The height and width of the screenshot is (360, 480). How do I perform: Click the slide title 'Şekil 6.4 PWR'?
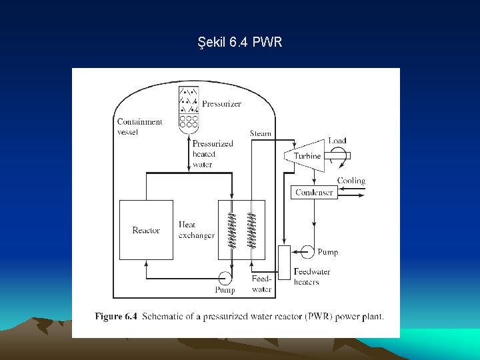[240, 42]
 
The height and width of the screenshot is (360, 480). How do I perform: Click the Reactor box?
[146, 230]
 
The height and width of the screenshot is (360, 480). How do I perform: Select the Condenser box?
[314, 192]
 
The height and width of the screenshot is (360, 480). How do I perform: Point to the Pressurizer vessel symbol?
[189, 107]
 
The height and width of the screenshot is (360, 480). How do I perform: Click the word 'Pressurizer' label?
[221, 104]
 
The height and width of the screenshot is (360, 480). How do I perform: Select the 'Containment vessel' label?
[139, 127]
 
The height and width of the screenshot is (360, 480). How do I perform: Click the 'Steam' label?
[261, 133]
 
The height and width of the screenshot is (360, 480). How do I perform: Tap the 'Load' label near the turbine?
[337, 141]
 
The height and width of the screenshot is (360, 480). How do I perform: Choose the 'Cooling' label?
[351, 181]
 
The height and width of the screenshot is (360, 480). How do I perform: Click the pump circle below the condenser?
[307, 251]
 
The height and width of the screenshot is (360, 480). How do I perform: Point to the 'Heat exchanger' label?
[197, 230]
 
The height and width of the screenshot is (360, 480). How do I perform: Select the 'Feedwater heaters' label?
[312, 277]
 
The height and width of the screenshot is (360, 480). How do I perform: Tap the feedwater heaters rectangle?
[284, 261]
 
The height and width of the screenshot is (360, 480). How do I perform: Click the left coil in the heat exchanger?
[231, 229]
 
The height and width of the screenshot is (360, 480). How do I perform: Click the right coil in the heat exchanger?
[252, 229]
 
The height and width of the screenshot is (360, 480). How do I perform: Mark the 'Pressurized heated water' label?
[213, 154]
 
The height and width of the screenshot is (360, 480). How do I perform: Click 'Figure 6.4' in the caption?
[116, 316]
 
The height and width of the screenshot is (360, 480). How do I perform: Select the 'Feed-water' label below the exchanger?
[261, 284]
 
